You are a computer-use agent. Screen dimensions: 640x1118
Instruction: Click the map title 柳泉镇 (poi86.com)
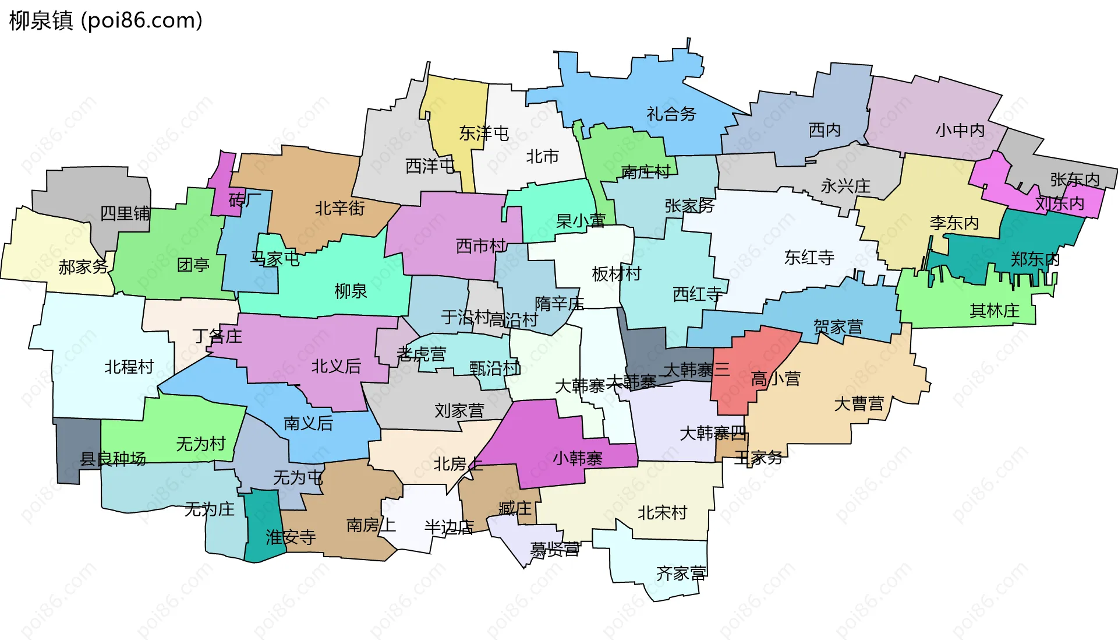106,20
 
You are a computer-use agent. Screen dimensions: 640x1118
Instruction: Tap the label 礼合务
671,114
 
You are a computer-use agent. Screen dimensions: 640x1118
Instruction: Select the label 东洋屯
483,133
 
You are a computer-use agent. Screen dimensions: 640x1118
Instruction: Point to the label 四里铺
125,213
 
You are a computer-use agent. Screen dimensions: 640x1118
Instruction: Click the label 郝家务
83,267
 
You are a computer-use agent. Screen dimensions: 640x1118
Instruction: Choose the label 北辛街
339,208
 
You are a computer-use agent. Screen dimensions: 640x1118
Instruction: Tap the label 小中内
960,130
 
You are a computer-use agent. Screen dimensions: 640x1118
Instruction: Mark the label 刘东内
1060,203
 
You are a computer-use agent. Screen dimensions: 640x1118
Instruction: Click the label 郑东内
1035,259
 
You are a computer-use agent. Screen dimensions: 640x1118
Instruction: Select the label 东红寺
809,257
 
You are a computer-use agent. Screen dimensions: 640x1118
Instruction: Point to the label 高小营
776,379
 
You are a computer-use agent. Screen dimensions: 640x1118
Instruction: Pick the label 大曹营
859,403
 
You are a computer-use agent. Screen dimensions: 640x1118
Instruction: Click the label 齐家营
681,574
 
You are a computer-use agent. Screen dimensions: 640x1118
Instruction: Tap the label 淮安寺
291,537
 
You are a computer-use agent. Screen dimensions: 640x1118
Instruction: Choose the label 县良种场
113,459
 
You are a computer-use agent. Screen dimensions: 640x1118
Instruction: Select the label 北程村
129,367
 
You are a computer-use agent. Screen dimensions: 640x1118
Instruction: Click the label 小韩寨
577,458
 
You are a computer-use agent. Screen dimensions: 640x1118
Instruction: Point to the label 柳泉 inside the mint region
351,291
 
